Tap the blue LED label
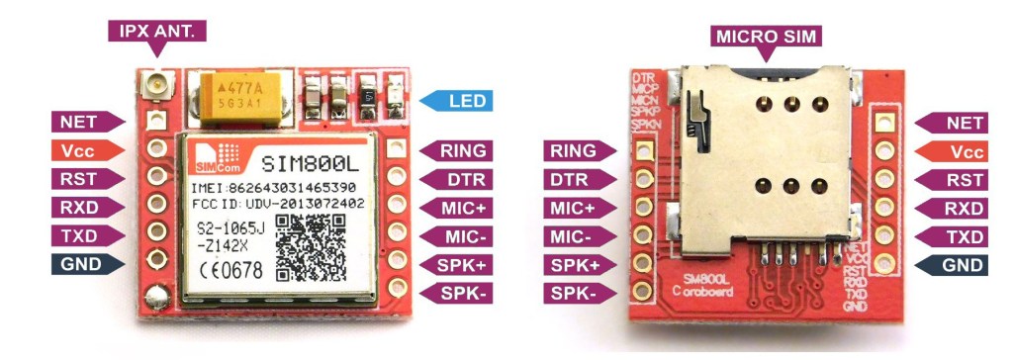(x=459, y=101)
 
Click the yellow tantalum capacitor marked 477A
(x=237, y=92)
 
